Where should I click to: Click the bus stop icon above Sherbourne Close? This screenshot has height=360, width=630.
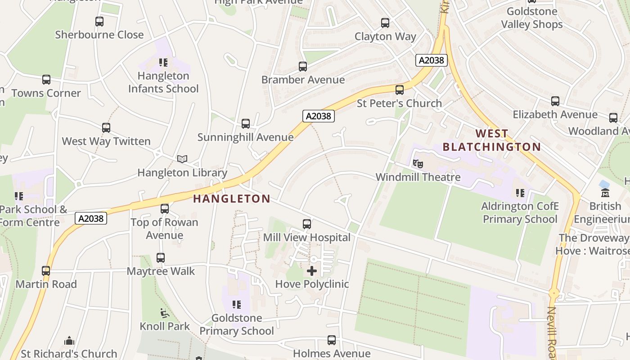tap(99, 21)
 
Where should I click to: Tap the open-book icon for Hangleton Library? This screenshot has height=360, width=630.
tap(182, 159)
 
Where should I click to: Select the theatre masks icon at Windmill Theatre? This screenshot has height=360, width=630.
tap(418, 163)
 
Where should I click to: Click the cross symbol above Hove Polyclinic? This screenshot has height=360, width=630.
tap(311, 270)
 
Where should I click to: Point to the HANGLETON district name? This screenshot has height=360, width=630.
tap(232, 198)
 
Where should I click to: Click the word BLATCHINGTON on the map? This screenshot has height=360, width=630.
tap(491, 147)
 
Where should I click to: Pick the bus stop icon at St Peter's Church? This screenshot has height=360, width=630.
tap(400, 90)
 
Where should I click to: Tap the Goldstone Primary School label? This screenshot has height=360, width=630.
tap(237, 324)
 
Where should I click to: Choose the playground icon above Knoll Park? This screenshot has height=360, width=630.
tap(165, 313)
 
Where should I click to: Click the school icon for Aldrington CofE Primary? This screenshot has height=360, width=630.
tap(520, 193)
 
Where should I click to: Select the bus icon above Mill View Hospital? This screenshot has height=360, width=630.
tap(307, 224)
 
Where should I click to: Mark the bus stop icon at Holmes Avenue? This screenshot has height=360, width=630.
tap(332, 340)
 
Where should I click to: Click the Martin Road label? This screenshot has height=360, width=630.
tap(46, 284)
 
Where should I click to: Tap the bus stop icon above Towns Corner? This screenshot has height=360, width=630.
tap(46, 80)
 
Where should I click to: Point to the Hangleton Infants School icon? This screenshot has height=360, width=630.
tap(163, 63)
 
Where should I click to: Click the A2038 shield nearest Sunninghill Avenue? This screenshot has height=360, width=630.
tap(318, 116)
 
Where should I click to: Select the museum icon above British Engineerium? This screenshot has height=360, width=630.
tap(605, 193)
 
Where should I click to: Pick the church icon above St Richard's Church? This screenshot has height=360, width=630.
tap(69, 341)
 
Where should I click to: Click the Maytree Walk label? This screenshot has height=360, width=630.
tap(161, 271)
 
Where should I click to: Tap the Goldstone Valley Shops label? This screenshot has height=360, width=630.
tap(531, 18)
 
